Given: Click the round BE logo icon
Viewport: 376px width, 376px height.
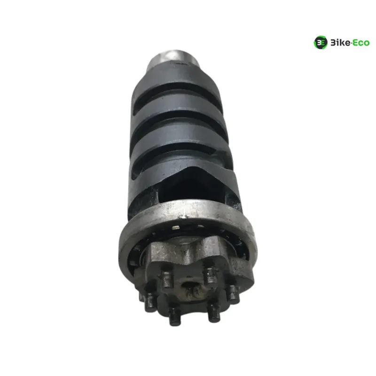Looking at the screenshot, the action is click(x=321, y=42).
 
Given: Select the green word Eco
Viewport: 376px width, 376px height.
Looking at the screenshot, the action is click(x=361, y=43).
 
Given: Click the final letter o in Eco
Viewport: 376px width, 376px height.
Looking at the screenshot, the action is click(x=367, y=44).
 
